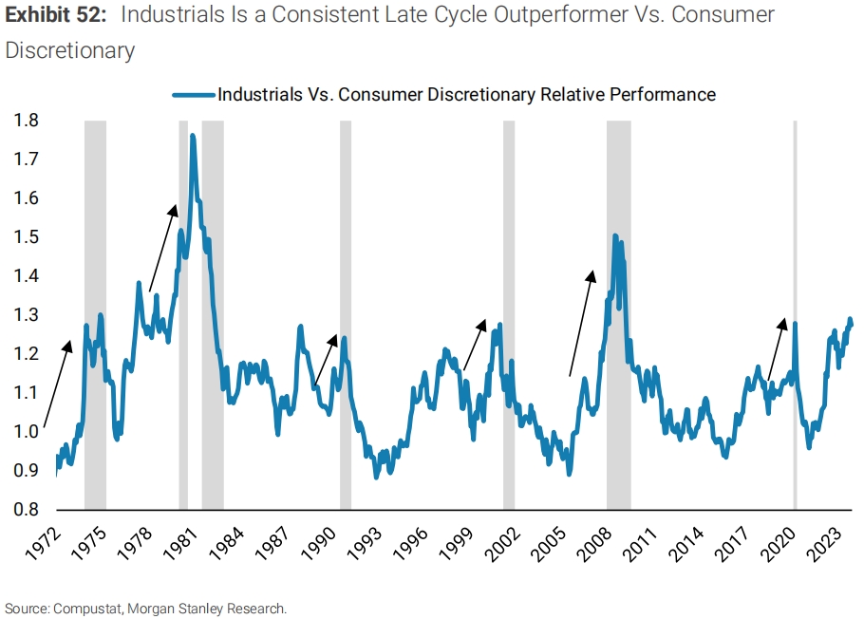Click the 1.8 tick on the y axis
[x=26, y=121]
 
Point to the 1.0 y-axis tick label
[x=26, y=431]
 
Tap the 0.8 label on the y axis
[x=26, y=509]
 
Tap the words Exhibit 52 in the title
[x=55, y=15]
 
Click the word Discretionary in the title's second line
[x=70, y=50]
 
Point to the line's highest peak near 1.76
[x=193, y=136]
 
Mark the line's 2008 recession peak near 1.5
[x=615, y=235]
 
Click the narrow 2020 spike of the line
[x=795, y=325]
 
